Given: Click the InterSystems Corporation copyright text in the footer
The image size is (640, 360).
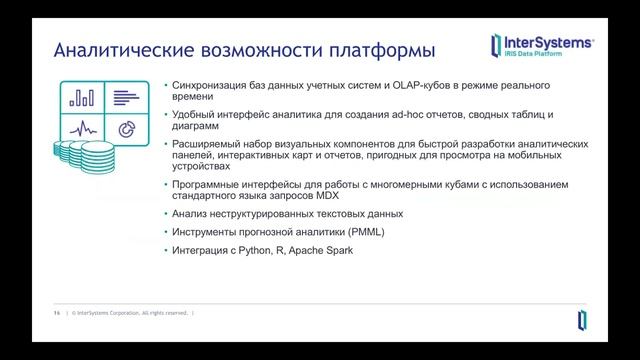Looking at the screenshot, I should click(x=130, y=313).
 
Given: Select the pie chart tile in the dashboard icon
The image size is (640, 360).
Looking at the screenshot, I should click(x=126, y=128).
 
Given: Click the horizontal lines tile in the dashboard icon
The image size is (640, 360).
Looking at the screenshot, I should click(x=126, y=97).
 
